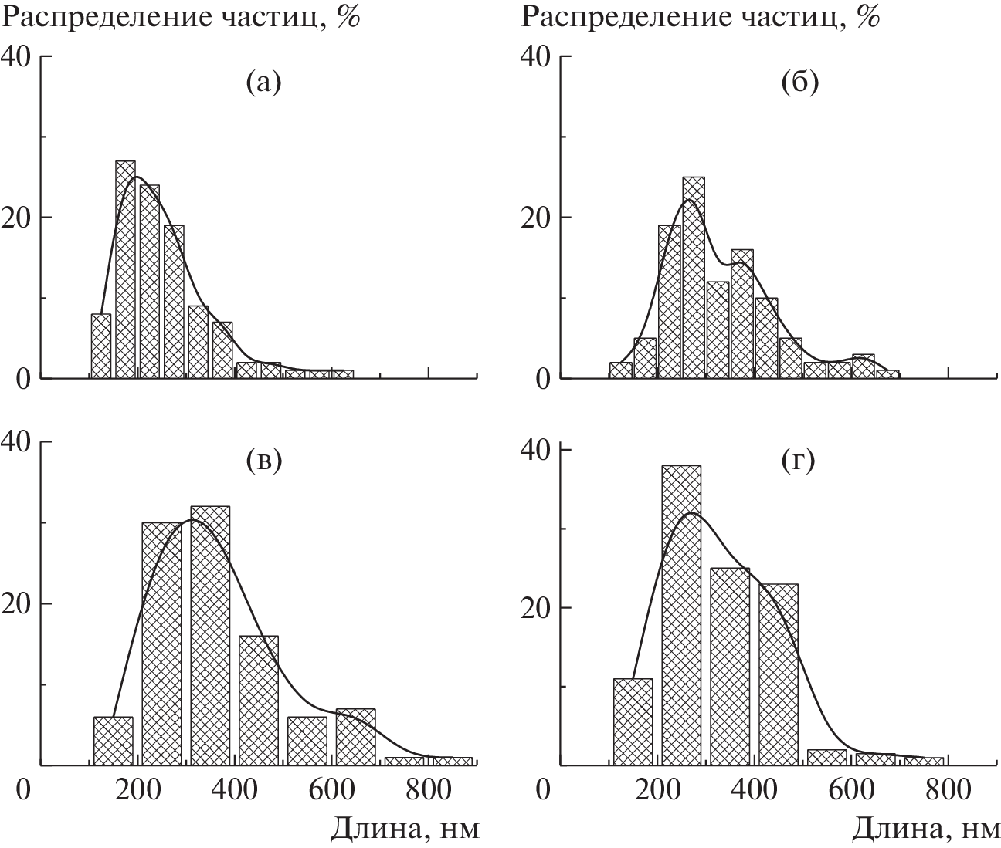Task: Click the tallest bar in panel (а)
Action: pos(125,269)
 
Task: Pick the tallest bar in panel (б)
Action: pos(694,277)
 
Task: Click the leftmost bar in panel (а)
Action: pos(101,346)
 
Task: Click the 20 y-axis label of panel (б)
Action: pos(535,217)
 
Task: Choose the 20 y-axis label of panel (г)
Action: pos(535,607)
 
